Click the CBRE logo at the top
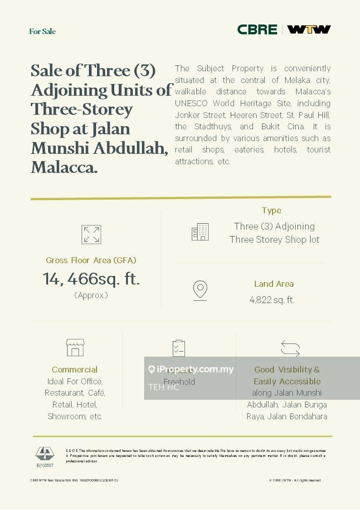[x=257, y=29]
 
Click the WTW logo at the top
[x=309, y=29]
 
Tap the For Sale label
[x=43, y=31]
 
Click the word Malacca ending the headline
[x=64, y=167]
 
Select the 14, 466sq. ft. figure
[x=91, y=279]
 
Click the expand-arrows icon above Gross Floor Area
[x=91, y=235]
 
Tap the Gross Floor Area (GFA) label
[x=91, y=260]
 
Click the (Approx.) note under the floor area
[x=91, y=295]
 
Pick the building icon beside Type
[x=200, y=232]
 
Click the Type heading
[x=272, y=211]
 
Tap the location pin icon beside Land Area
[x=200, y=290]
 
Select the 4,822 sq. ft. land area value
[x=272, y=300]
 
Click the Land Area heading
[x=274, y=284]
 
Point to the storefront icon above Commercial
[x=75, y=348]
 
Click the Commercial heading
[x=75, y=370]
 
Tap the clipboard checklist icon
[x=179, y=348]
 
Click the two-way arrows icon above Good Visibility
[x=290, y=348]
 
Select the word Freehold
[x=179, y=382]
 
